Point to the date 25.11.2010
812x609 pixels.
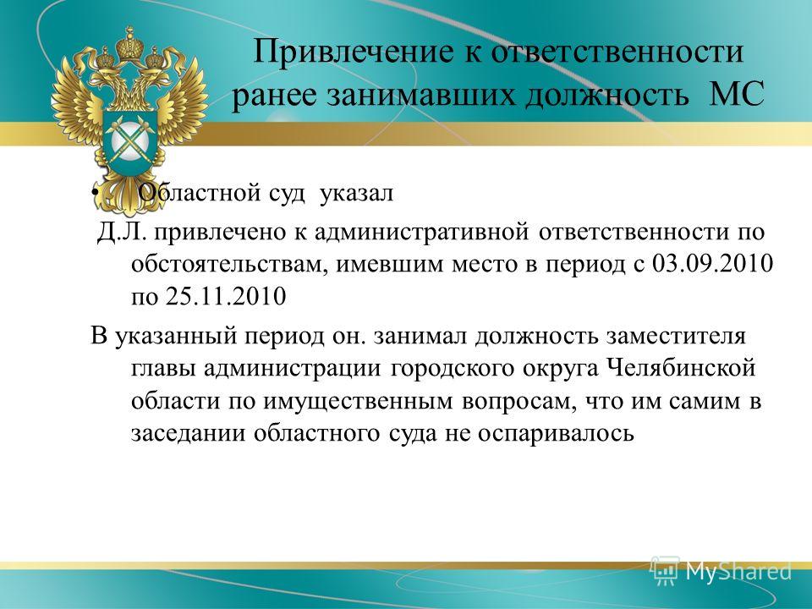click(x=226, y=297)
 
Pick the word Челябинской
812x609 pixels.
click(x=681, y=370)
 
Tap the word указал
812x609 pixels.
click(x=357, y=194)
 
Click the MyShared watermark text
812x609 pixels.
click(x=739, y=571)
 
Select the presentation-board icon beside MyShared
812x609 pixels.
click(x=665, y=570)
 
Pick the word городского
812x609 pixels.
click(x=451, y=370)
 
